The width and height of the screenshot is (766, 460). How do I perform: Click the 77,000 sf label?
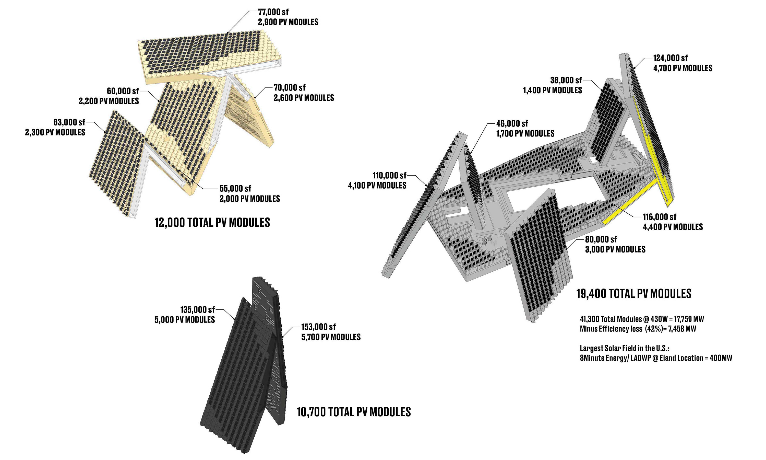tap(273, 12)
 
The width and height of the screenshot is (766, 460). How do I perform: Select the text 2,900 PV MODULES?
tap(288, 22)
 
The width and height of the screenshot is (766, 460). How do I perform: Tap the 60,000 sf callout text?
tap(123, 91)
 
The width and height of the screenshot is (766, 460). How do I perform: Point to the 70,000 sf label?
tap(290, 88)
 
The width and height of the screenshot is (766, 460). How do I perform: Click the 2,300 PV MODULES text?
tap(55, 132)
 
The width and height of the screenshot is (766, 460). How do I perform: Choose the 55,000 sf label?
tap(235, 188)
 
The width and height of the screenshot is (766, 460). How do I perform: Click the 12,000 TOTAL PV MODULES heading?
tap(212, 223)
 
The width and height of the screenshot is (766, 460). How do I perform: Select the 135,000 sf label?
tap(198, 310)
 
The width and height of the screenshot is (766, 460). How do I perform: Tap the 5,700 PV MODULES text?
tap(331, 337)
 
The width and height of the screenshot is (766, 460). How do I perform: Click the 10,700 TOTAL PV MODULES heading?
tap(354, 412)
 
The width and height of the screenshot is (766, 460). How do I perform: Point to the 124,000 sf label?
tap(670, 58)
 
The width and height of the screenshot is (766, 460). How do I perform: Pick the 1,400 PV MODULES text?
tap(552, 90)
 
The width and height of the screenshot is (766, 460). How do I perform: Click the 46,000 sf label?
tap(512, 124)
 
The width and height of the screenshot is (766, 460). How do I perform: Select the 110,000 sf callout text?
tap(389, 176)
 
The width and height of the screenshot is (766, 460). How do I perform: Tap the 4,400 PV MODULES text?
tap(673, 227)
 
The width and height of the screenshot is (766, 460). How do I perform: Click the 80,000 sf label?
tap(601, 239)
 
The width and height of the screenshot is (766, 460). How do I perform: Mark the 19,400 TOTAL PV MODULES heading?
tap(634, 294)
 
